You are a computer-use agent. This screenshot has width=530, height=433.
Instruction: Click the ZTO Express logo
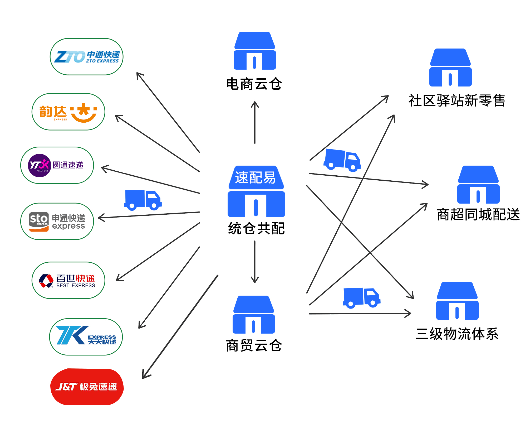[x=86, y=57]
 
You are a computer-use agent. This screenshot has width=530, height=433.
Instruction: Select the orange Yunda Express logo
[x=68, y=112]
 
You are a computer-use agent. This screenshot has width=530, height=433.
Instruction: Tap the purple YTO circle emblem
[x=39, y=165]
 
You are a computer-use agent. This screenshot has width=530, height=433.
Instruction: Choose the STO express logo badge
[x=39, y=222]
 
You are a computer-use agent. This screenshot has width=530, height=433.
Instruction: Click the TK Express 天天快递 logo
[x=86, y=337]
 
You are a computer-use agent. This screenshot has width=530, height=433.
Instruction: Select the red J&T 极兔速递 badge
[x=87, y=387]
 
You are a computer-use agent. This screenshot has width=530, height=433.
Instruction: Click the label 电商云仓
[x=254, y=84]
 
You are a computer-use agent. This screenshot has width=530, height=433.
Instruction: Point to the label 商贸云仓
[x=254, y=345]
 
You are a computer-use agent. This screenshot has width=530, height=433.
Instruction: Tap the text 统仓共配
[x=256, y=228]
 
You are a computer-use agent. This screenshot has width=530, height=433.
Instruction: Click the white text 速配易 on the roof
[x=256, y=177]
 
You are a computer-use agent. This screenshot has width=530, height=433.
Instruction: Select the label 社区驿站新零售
[x=457, y=101]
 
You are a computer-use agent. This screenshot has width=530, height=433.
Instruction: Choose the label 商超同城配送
[x=478, y=214]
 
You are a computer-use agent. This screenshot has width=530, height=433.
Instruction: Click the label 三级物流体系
[x=457, y=334]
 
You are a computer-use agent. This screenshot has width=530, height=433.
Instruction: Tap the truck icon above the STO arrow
[x=143, y=200]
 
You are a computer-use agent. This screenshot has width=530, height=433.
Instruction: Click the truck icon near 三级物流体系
[x=362, y=297]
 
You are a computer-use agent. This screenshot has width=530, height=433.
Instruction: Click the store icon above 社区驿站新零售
[x=450, y=68]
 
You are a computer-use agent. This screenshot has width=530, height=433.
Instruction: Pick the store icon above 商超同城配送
[x=478, y=185]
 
